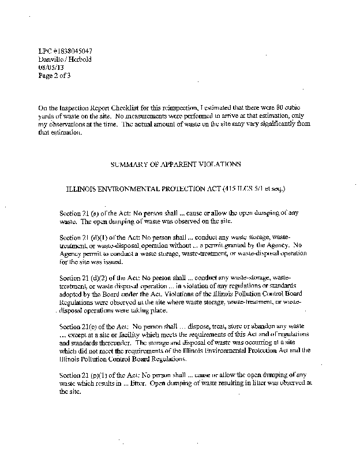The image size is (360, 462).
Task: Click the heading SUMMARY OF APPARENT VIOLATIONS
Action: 175,164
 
